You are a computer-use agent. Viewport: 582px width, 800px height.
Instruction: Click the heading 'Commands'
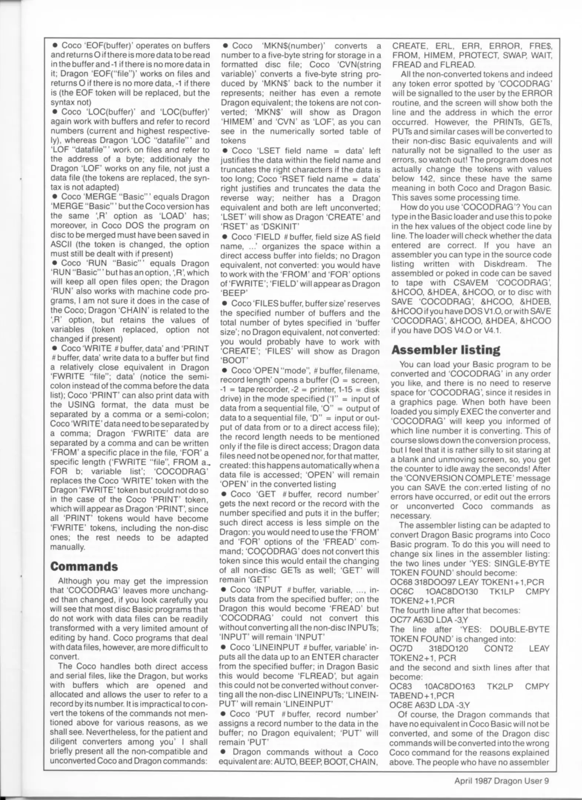point(84,566)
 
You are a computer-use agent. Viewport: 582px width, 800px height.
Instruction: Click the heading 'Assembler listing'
point(445,350)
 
